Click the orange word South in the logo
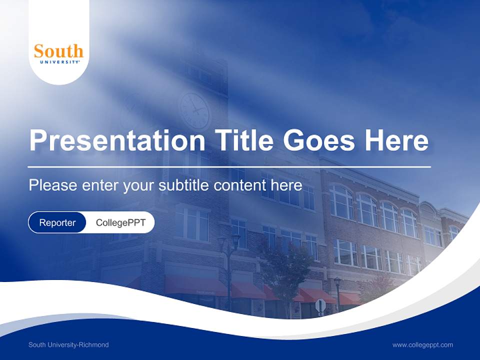pos(58,51)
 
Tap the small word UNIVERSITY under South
pos(58,61)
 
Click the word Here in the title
pos(396,140)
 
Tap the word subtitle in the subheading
pos(184,185)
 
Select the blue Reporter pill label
pos(57,222)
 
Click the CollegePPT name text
pos(120,222)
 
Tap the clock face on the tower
pos(194,110)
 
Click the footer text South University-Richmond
pos(68,344)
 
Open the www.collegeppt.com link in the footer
pos(422,344)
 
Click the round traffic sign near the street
pos(320,304)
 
